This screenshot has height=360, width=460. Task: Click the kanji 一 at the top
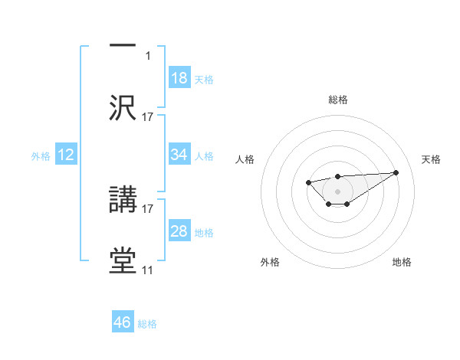(x=123, y=46)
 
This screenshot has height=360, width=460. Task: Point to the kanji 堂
(x=123, y=260)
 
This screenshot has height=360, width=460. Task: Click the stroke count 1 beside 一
(x=148, y=55)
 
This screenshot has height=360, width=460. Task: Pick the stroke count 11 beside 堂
(x=147, y=270)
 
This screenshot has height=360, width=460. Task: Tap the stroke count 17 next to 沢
(x=148, y=116)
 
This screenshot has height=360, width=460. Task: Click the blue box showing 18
(x=179, y=78)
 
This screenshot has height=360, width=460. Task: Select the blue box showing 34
(x=179, y=155)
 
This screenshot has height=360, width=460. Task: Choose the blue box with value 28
(x=179, y=231)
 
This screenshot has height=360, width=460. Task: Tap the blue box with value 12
(x=66, y=155)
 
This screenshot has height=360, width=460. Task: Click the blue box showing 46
(x=123, y=322)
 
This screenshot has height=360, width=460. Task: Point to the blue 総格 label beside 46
(x=147, y=324)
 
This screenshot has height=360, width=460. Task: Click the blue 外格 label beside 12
(x=41, y=155)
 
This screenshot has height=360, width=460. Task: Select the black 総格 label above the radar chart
(x=338, y=100)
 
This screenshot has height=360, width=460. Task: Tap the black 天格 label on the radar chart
(x=432, y=159)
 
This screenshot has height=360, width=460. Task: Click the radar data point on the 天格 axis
(x=396, y=172)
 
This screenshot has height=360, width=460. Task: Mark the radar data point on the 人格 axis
(x=308, y=182)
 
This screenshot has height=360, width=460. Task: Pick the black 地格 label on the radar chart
(x=402, y=262)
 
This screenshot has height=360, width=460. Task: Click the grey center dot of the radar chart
(x=338, y=191)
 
